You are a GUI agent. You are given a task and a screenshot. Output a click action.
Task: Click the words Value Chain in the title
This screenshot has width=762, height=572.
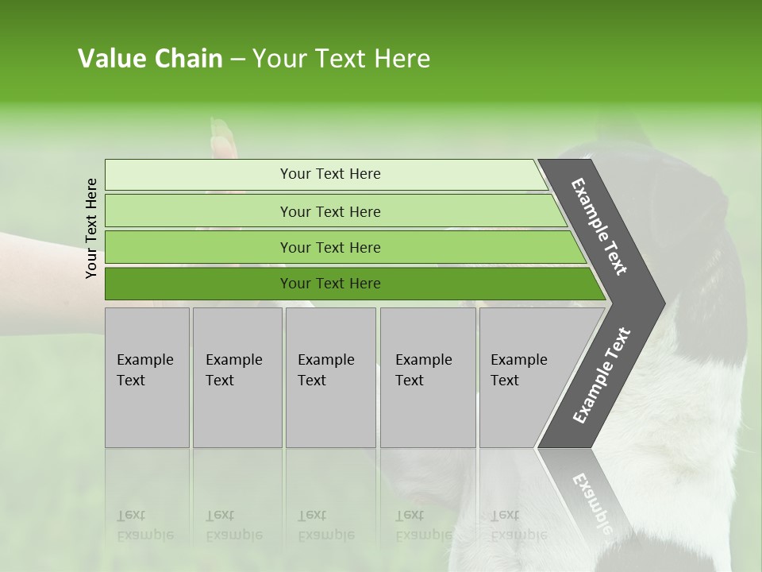[x=150, y=59]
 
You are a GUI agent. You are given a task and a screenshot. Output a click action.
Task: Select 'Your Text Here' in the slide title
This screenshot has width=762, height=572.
[x=341, y=59]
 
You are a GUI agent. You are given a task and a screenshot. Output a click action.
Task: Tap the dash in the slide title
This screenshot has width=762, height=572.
[x=237, y=60]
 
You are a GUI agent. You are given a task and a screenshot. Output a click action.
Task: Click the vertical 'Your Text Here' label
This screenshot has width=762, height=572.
[x=91, y=228]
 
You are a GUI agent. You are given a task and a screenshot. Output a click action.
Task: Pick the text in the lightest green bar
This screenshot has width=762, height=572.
[x=330, y=174]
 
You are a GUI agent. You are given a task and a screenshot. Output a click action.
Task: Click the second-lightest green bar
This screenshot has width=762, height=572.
[x=330, y=211]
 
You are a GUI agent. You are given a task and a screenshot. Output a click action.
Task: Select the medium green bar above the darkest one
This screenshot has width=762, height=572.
[x=330, y=247]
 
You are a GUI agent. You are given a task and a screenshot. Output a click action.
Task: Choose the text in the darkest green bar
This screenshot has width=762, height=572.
[x=330, y=284]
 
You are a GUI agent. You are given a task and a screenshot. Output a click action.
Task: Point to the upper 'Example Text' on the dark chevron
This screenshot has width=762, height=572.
[x=599, y=226]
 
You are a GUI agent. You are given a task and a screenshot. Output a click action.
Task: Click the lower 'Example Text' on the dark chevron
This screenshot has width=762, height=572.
[x=602, y=376]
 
